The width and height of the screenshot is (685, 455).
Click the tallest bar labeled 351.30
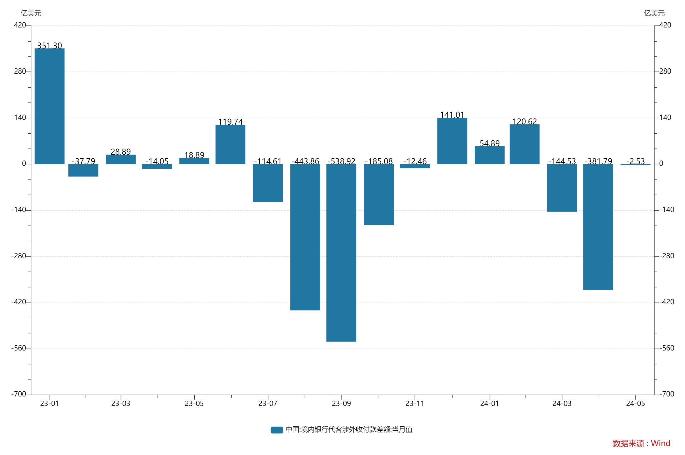pos(49,106)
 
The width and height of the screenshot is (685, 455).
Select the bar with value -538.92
pos(341,252)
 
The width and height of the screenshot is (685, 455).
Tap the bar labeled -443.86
pos(305,237)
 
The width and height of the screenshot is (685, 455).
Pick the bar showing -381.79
pos(598,227)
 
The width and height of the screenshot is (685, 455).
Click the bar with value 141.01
pos(452,141)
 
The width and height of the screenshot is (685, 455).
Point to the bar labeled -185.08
pos(379,194)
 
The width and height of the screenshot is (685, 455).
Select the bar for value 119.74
pos(230,144)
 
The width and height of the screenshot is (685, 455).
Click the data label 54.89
pos(490,143)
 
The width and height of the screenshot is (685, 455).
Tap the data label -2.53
pos(635,161)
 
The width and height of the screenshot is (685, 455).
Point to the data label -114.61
pos(268,161)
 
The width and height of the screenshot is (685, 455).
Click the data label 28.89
pos(121,152)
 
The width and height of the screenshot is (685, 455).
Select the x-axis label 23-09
pos(341,403)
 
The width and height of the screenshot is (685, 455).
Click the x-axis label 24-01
pos(490,403)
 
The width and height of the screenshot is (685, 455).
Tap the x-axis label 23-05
pos(194,403)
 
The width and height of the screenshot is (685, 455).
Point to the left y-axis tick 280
pos(20,71)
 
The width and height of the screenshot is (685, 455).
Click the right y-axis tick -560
pos(666,348)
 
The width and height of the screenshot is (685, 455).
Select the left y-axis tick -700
pos(19,394)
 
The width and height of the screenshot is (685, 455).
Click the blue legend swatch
pos(276,430)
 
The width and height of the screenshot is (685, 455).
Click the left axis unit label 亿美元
pos(31,13)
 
